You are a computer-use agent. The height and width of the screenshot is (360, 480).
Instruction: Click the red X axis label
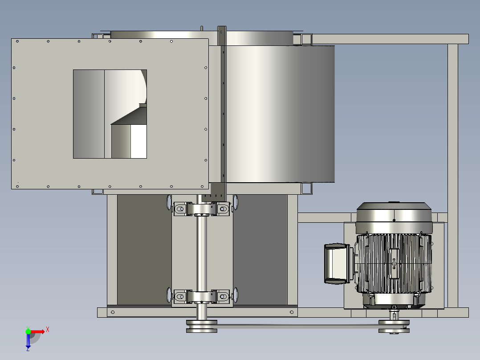(48, 330)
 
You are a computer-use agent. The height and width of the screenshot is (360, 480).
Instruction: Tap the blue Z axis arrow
(28, 341)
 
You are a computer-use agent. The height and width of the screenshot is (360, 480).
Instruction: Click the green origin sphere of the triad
(28, 331)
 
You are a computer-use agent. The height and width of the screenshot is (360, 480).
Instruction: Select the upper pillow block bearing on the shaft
(202, 209)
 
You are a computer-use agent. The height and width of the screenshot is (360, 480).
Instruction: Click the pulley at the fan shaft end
(202, 326)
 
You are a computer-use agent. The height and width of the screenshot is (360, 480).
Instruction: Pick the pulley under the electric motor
(394, 327)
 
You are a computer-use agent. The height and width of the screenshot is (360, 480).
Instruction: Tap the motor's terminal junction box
(337, 263)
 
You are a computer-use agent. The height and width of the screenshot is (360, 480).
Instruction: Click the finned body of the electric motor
(395, 263)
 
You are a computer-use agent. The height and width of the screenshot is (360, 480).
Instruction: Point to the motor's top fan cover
(394, 217)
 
